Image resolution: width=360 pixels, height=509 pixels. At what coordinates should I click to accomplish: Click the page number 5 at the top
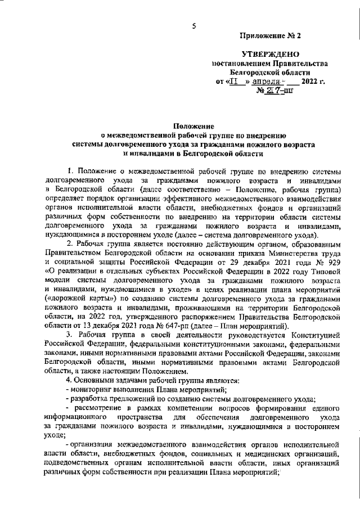pos(193,26)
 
